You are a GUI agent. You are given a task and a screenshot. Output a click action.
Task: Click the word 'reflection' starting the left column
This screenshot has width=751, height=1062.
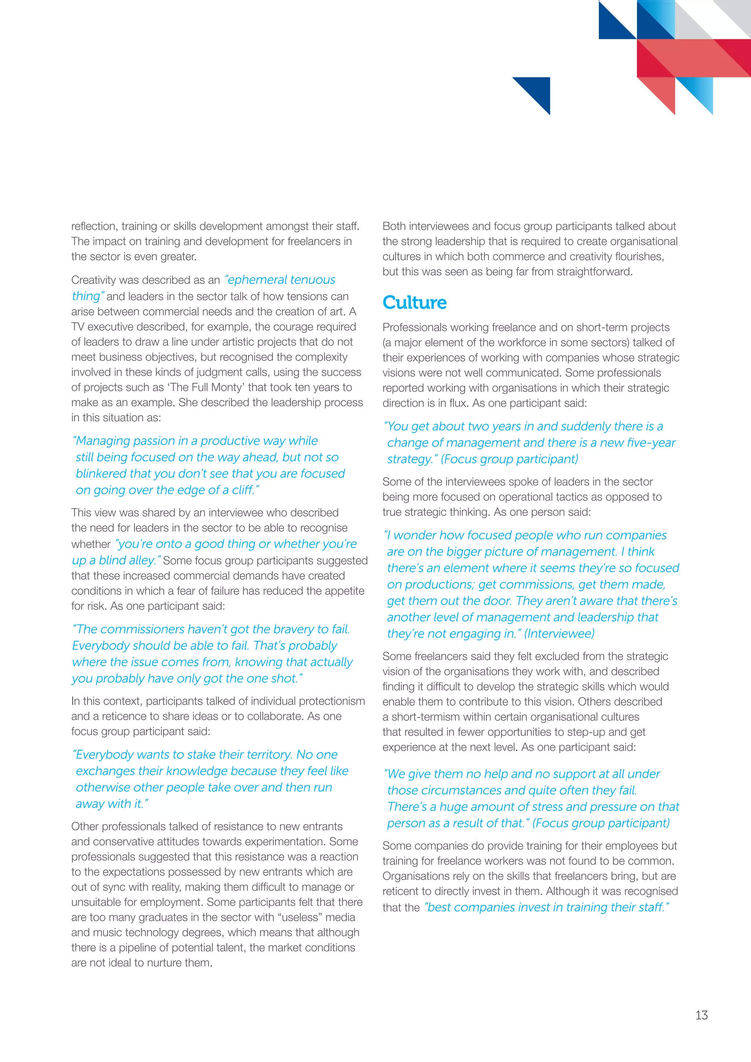(94, 226)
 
